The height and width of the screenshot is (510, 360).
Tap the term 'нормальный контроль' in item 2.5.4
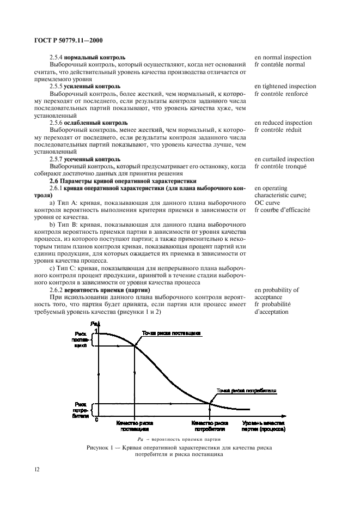[x=95, y=57]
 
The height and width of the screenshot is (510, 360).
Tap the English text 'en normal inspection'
[x=283, y=57]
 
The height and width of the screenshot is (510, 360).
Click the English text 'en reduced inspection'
[x=283, y=123]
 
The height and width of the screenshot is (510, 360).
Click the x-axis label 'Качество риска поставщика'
[x=133, y=425]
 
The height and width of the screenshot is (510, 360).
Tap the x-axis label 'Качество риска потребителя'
[x=210, y=425]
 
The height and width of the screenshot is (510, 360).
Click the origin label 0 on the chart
[x=96, y=419]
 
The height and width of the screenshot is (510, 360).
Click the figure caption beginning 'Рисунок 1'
[x=179, y=450]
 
